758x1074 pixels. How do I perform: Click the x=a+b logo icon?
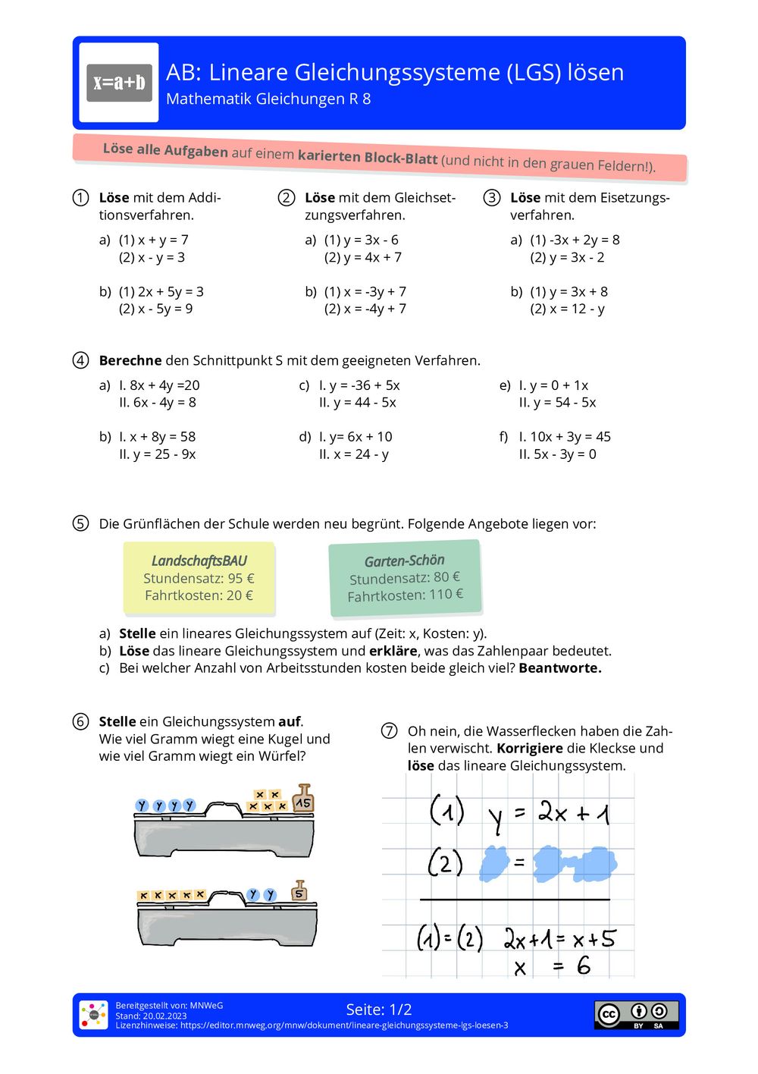click(x=119, y=83)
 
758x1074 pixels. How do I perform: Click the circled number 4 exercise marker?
click(x=80, y=360)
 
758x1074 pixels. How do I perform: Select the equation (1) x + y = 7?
click(x=153, y=240)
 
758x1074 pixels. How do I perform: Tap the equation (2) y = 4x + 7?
click(x=362, y=257)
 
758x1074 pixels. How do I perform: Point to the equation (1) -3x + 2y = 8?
click(x=575, y=240)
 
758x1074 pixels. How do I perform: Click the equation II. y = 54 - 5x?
click(x=557, y=402)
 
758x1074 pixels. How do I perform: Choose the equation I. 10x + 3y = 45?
click(x=564, y=437)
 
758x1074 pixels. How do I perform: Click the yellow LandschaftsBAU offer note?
click(x=199, y=578)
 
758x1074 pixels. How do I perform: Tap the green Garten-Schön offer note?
click(x=405, y=578)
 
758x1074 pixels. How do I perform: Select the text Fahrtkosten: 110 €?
click(x=405, y=595)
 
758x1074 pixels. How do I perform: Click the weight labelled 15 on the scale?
click(x=303, y=799)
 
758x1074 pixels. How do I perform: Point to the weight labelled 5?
click(x=299, y=891)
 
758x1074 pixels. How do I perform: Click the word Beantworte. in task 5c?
click(x=559, y=668)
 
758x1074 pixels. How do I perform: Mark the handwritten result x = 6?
click(x=552, y=966)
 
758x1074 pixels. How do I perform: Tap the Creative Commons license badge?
click(x=636, y=1014)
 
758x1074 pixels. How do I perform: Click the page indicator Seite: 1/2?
click(x=379, y=1010)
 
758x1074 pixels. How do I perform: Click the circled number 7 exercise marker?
click(x=389, y=730)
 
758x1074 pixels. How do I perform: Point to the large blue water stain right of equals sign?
click(x=575, y=863)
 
